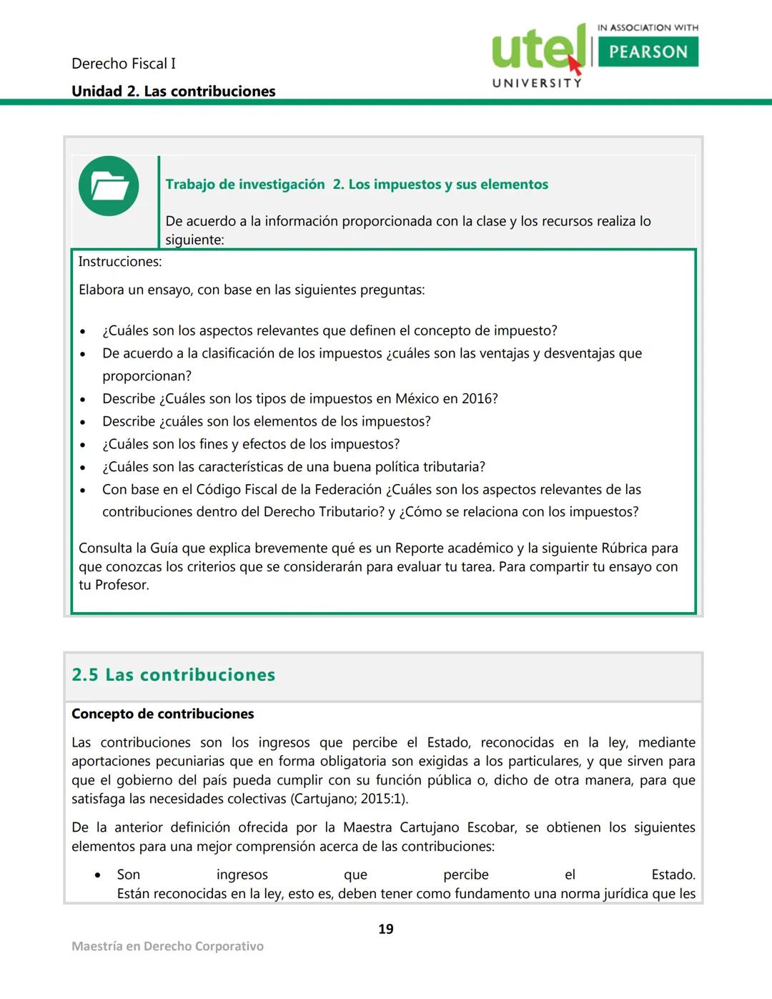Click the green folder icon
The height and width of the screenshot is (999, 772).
(x=109, y=186)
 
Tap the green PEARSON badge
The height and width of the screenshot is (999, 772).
(x=648, y=52)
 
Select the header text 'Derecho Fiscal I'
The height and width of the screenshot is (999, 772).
(x=123, y=64)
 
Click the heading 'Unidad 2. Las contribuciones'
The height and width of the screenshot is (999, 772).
(x=173, y=92)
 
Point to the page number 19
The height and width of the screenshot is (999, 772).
(x=385, y=929)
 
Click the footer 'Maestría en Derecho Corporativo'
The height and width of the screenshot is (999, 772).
(x=167, y=946)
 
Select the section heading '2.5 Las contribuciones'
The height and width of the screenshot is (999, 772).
(x=173, y=675)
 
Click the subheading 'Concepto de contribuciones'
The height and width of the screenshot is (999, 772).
(x=162, y=714)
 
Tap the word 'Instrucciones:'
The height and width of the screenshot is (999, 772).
(x=120, y=262)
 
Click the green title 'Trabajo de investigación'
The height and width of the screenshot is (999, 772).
(x=245, y=184)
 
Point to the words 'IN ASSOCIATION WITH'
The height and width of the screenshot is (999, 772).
(x=648, y=28)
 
